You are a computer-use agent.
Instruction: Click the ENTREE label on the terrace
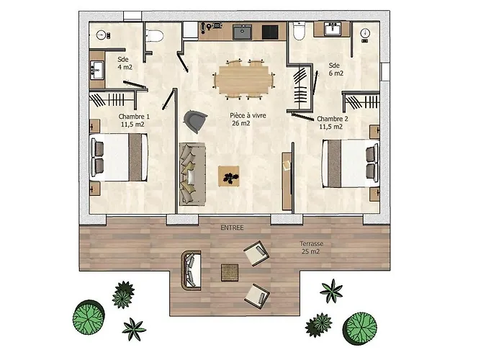(x=232, y=228)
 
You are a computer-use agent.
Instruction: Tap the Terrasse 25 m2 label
(x=311, y=248)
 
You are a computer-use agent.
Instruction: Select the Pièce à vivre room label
(x=248, y=120)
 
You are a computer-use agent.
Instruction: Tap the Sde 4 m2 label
(x=124, y=63)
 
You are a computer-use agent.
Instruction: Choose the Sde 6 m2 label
(x=336, y=69)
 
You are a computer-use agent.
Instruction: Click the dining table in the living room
(x=243, y=79)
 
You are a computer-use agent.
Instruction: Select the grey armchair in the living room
(x=195, y=121)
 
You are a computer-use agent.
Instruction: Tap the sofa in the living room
(x=192, y=174)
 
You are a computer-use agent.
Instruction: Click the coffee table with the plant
(x=228, y=176)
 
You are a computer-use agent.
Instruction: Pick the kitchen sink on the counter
(x=243, y=32)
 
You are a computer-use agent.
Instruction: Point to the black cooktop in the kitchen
(x=270, y=32)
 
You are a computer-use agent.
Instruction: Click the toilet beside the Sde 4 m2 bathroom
(x=154, y=36)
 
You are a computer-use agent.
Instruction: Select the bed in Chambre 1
(x=119, y=158)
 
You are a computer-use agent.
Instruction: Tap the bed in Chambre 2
(x=351, y=163)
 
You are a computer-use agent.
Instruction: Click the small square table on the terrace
(x=230, y=273)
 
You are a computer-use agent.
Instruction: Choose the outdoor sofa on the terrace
(x=191, y=271)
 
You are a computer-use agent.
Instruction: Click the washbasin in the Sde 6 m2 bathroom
(x=333, y=29)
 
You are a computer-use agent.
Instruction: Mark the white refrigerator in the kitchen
(x=190, y=30)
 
